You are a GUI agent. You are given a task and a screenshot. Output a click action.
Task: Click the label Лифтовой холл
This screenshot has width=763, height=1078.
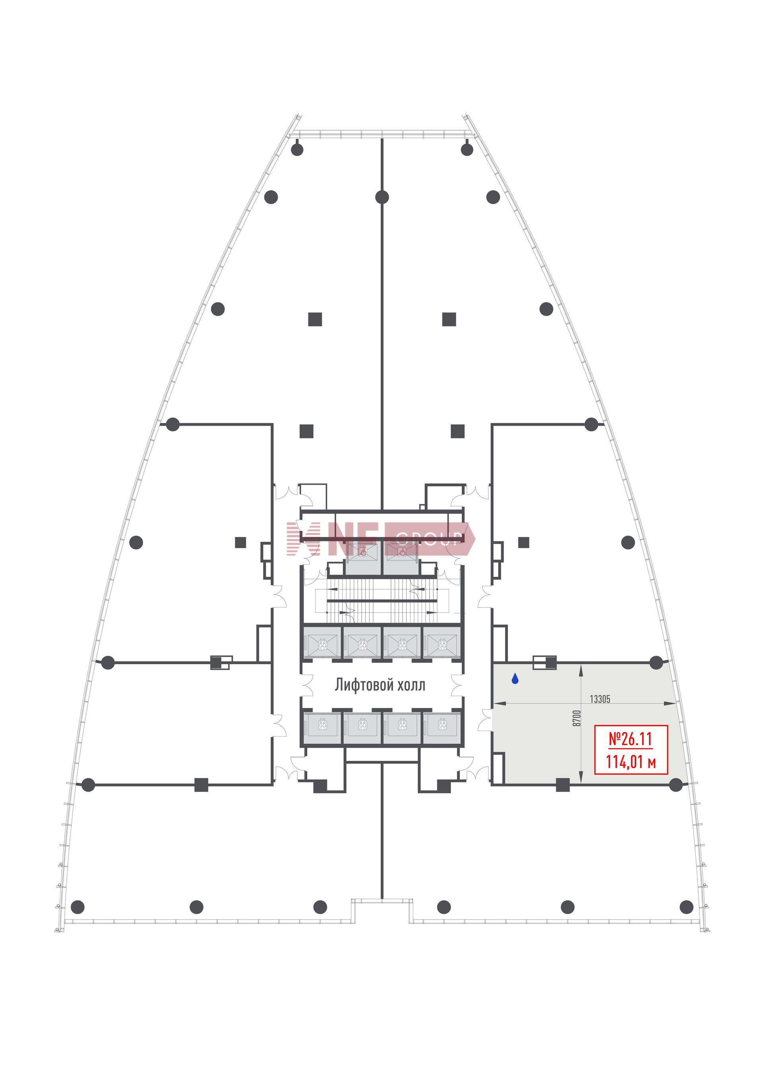click(380, 685)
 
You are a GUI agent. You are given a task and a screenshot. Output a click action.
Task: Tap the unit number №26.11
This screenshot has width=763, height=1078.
click(631, 739)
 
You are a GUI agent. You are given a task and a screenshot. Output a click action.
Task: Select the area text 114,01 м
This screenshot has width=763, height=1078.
click(631, 762)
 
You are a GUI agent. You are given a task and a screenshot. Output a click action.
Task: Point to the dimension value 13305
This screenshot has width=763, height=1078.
click(600, 699)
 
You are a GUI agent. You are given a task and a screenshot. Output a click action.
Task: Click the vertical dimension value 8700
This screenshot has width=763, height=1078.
click(577, 718)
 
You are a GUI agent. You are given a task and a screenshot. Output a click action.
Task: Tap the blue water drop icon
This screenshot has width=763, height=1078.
click(515, 679)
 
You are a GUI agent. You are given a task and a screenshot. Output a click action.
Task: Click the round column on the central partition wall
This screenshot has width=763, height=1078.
click(382, 197)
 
